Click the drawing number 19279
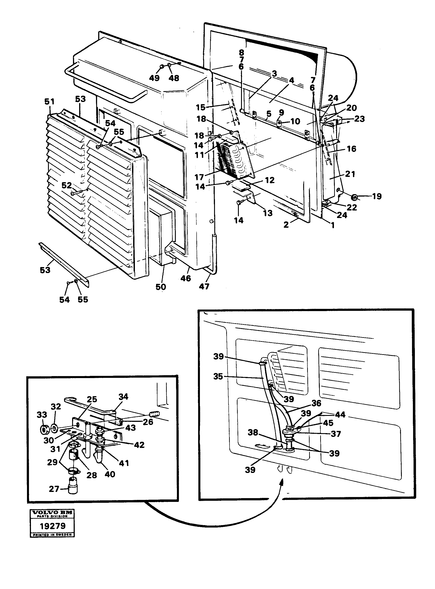52,526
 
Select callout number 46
186,278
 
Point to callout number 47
204,286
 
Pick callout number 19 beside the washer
377,196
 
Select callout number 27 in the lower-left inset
54,489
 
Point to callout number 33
42,415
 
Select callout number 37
336,434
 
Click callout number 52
66,185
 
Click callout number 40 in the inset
110,474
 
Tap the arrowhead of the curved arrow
282,482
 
